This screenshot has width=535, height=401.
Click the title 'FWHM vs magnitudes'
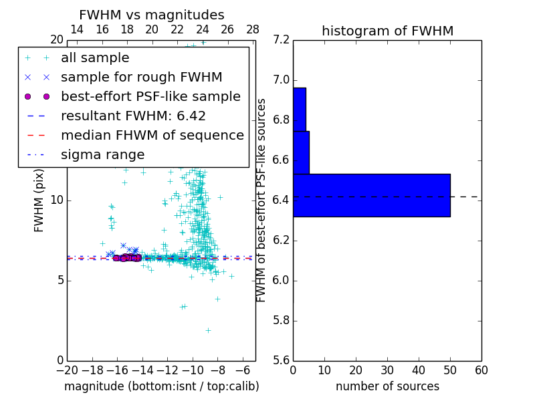[152, 15]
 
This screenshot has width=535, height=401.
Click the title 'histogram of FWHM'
[387, 31]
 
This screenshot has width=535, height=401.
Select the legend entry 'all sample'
[95, 58]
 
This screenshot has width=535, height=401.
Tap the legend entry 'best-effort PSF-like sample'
[150, 97]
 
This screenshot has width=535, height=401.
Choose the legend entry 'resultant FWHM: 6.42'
[133, 116]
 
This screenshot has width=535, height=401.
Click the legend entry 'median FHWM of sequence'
[152, 136]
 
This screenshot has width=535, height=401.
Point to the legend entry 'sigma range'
[102, 155]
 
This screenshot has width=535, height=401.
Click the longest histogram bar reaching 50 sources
[371, 195]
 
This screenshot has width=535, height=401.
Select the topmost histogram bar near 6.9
[299, 109]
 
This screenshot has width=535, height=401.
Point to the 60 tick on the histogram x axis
[481, 370]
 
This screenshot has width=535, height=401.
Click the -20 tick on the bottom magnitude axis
[67, 370]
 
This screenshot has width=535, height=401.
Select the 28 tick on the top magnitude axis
[253, 29]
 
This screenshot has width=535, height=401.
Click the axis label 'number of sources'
[387, 386]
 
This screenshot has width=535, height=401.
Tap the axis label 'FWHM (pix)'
[39, 200]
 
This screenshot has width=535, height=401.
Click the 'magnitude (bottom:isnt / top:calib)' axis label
[161, 386]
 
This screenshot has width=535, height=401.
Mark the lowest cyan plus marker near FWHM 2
[208, 330]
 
